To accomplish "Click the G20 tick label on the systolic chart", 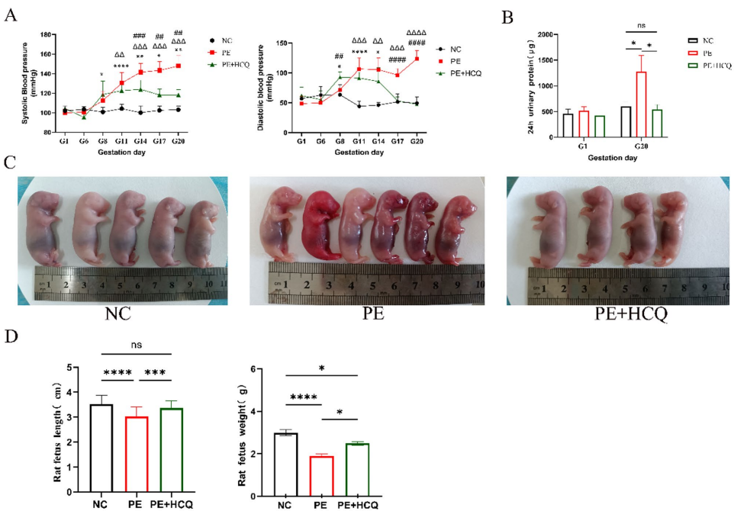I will point(178,142).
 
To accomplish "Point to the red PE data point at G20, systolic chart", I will point(178,66).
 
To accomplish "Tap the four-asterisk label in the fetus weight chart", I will point(304,397).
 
